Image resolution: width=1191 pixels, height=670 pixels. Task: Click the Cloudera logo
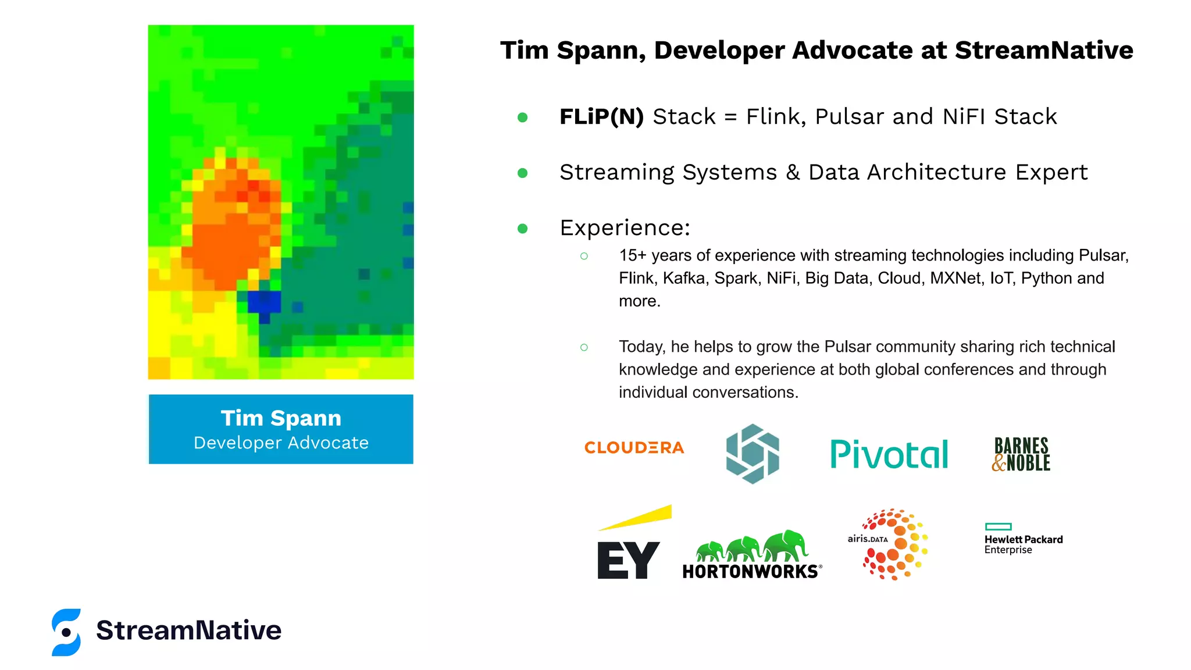pyautogui.click(x=634, y=448)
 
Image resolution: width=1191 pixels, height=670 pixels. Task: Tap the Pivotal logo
pyautogui.click(x=889, y=454)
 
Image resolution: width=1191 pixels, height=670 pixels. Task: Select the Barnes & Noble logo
pyautogui.click(x=1021, y=454)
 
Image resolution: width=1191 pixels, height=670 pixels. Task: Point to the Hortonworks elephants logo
pyautogui.click(x=752, y=555)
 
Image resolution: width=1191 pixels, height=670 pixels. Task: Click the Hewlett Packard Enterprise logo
pyautogui.click(x=1023, y=539)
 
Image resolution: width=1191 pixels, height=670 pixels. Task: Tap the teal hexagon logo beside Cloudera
pyautogui.click(x=753, y=454)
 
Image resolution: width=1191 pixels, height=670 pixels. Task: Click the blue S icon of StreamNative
pyautogui.click(x=66, y=632)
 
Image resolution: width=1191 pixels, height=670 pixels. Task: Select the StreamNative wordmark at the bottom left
pyautogui.click(x=188, y=630)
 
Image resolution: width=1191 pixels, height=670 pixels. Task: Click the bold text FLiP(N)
pyautogui.click(x=601, y=117)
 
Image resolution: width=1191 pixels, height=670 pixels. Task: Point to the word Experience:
pyautogui.click(x=625, y=228)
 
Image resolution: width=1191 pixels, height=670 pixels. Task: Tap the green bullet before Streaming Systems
pyautogui.click(x=522, y=173)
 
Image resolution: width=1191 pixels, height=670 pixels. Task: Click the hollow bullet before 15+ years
pyautogui.click(x=584, y=256)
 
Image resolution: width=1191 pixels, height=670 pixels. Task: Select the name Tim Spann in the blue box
pyautogui.click(x=281, y=418)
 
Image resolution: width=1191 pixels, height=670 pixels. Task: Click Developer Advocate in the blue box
pyautogui.click(x=281, y=443)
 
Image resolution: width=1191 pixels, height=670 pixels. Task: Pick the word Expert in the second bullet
pyautogui.click(x=1051, y=173)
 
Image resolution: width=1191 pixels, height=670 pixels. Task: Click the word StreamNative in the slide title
pyautogui.click(x=1044, y=51)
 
